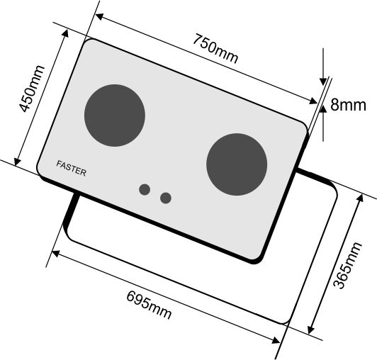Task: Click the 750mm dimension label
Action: [x=215, y=49]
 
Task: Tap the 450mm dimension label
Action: [x=31, y=89]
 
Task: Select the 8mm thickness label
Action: [x=348, y=105]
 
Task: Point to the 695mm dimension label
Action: [x=149, y=305]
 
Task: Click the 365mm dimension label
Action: [x=348, y=266]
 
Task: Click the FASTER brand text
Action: [x=71, y=169]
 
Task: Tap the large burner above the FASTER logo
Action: [x=115, y=116]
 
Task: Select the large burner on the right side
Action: [x=237, y=164]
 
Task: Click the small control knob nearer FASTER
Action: [x=145, y=189]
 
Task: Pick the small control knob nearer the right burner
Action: [x=166, y=198]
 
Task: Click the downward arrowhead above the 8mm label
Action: [x=323, y=81]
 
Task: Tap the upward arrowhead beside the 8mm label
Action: [x=323, y=109]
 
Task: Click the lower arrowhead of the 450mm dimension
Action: [x=17, y=162]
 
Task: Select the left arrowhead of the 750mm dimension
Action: [x=99, y=16]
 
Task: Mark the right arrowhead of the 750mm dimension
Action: [x=313, y=101]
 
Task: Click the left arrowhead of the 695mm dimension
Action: [x=55, y=253]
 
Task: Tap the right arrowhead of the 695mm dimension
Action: [x=276, y=341]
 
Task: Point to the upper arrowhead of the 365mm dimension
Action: [x=361, y=198]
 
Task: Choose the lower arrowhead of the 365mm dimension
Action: [x=311, y=330]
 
